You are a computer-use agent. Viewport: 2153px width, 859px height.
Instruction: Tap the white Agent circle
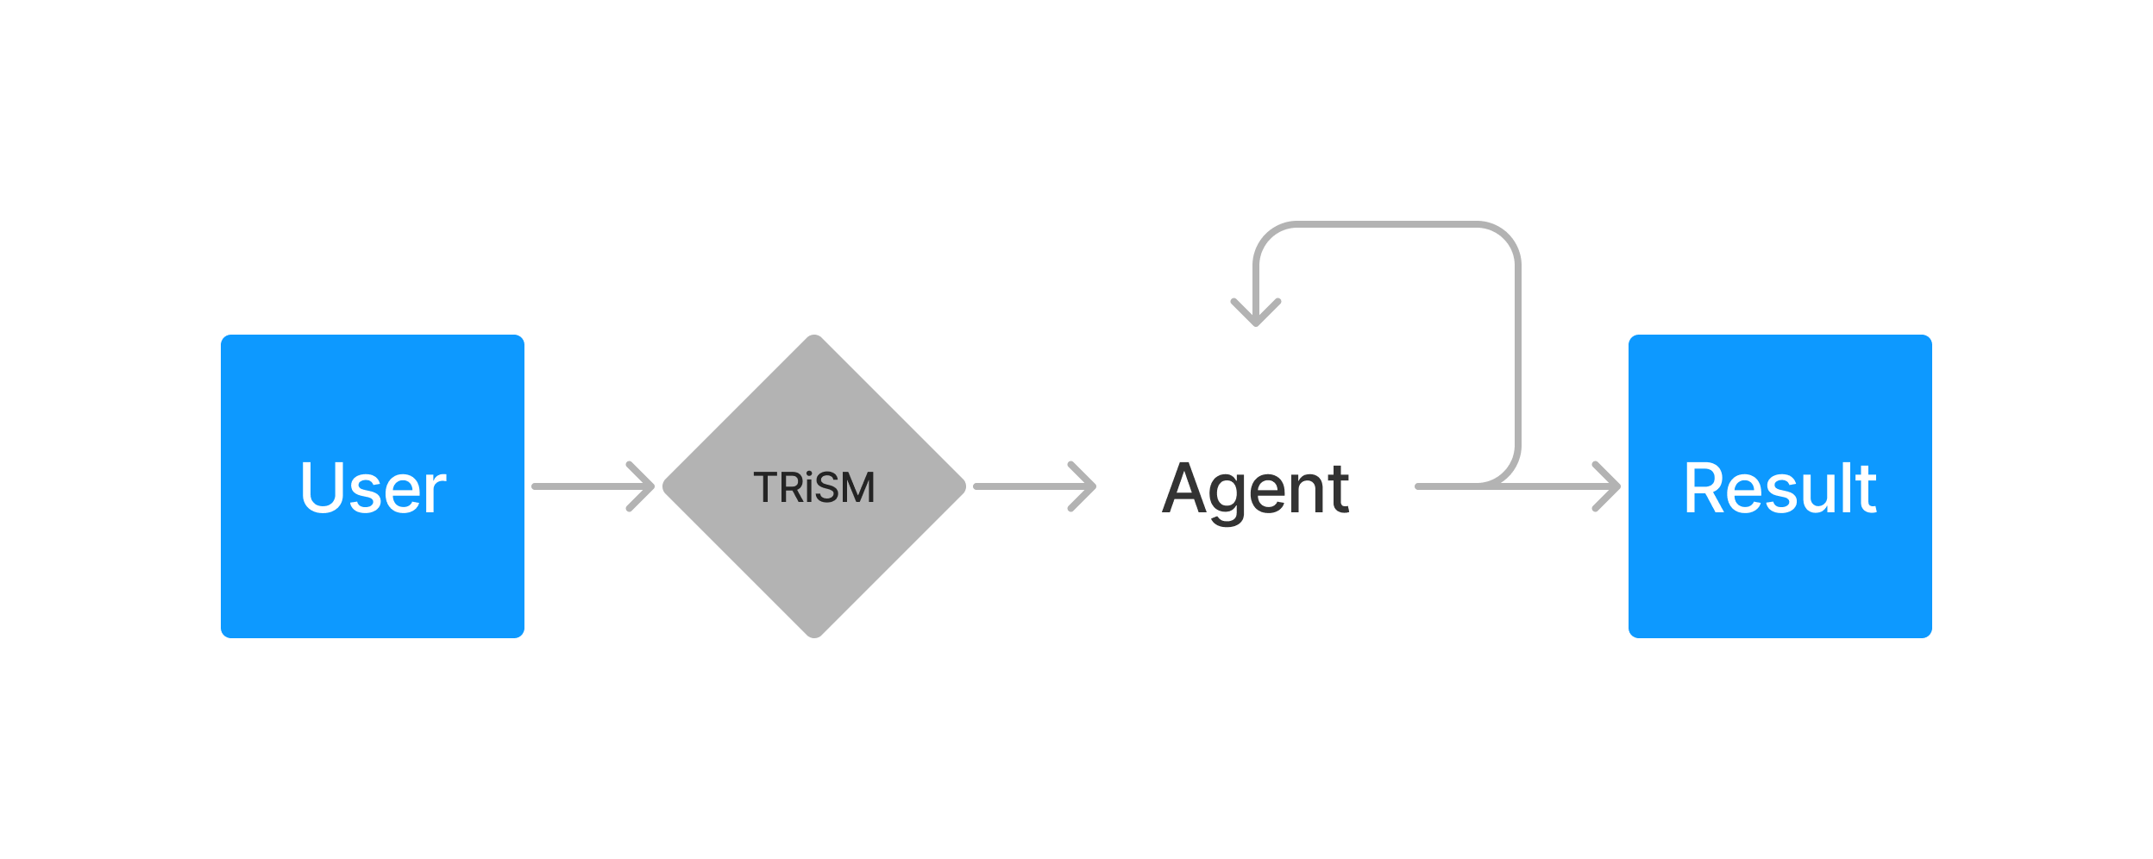(x=1255, y=569)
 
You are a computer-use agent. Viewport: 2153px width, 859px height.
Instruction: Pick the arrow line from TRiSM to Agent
(x=1022, y=486)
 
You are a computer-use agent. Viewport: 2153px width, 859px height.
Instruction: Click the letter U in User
(x=321, y=487)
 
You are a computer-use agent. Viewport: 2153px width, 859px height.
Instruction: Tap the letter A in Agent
(x=1189, y=488)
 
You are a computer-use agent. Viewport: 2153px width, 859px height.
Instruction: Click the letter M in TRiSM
(x=857, y=488)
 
